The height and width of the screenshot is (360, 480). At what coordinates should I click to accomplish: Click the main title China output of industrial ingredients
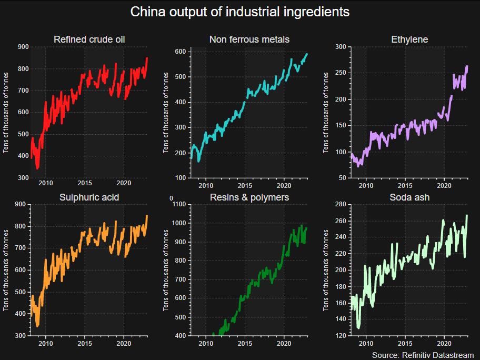tap(240, 12)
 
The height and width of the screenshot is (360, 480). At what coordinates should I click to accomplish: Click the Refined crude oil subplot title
tap(89, 39)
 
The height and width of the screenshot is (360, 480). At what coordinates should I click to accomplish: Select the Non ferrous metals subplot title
tap(249, 39)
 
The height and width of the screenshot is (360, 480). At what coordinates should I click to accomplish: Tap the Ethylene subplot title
tap(409, 39)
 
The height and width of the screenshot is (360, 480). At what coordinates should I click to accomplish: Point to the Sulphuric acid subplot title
tap(89, 197)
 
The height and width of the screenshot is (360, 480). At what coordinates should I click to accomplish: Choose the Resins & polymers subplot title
tap(249, 197)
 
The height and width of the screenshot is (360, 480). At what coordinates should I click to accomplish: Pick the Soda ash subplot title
tap(409, 197)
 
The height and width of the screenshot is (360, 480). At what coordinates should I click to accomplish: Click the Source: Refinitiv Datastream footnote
tap(423, 355)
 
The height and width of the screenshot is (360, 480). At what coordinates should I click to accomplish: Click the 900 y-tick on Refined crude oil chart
tap(23, 47)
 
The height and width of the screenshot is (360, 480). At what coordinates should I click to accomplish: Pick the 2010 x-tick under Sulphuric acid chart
tap(45, 343)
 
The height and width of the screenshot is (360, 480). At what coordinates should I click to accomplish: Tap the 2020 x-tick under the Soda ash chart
tap(444, 343)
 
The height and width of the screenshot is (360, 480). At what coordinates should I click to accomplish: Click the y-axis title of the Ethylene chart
tap(326, 113)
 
